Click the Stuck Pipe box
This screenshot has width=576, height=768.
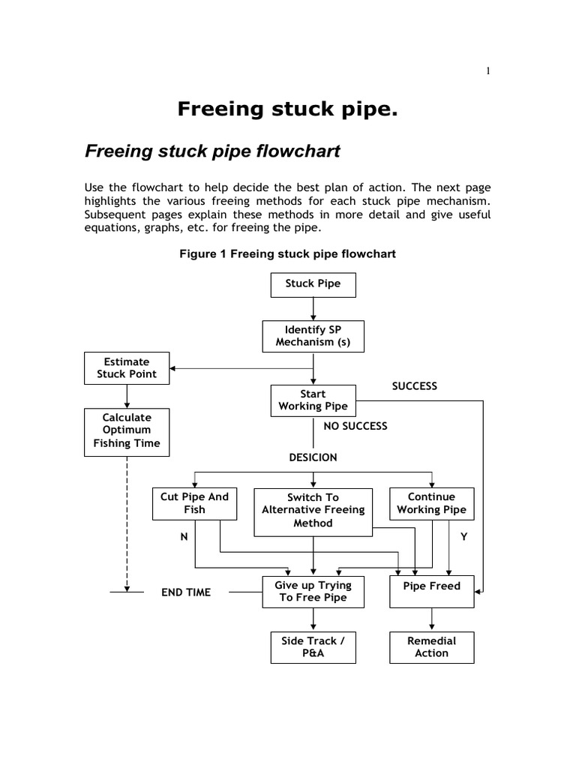tap(313, 284)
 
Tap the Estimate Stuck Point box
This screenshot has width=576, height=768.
tap(127, 367)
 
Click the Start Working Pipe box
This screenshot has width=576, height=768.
tap(313, 400)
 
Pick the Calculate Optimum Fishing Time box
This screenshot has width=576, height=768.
tap(127, 430)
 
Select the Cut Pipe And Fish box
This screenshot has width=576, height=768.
tap(194, 503)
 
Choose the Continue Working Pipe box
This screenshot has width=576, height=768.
tap(431, 503)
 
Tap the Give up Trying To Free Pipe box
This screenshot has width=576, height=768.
tap(313, 591)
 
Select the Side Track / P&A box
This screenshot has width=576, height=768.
tap(313, 647)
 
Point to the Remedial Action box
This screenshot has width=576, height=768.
tap(431, 647)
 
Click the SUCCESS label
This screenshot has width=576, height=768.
tap(414, 386)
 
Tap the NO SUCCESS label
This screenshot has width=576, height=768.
tap(355, 426)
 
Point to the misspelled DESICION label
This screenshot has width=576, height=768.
tap(313, 457)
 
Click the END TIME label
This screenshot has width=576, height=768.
tap(187, 592)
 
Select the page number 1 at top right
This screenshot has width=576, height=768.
tap(488, 71)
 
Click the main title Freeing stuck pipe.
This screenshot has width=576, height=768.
tap(287, 109)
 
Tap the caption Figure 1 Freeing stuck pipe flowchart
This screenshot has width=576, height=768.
tap(287, 254)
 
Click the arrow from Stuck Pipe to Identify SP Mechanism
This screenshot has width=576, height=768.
tap(313, 308)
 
